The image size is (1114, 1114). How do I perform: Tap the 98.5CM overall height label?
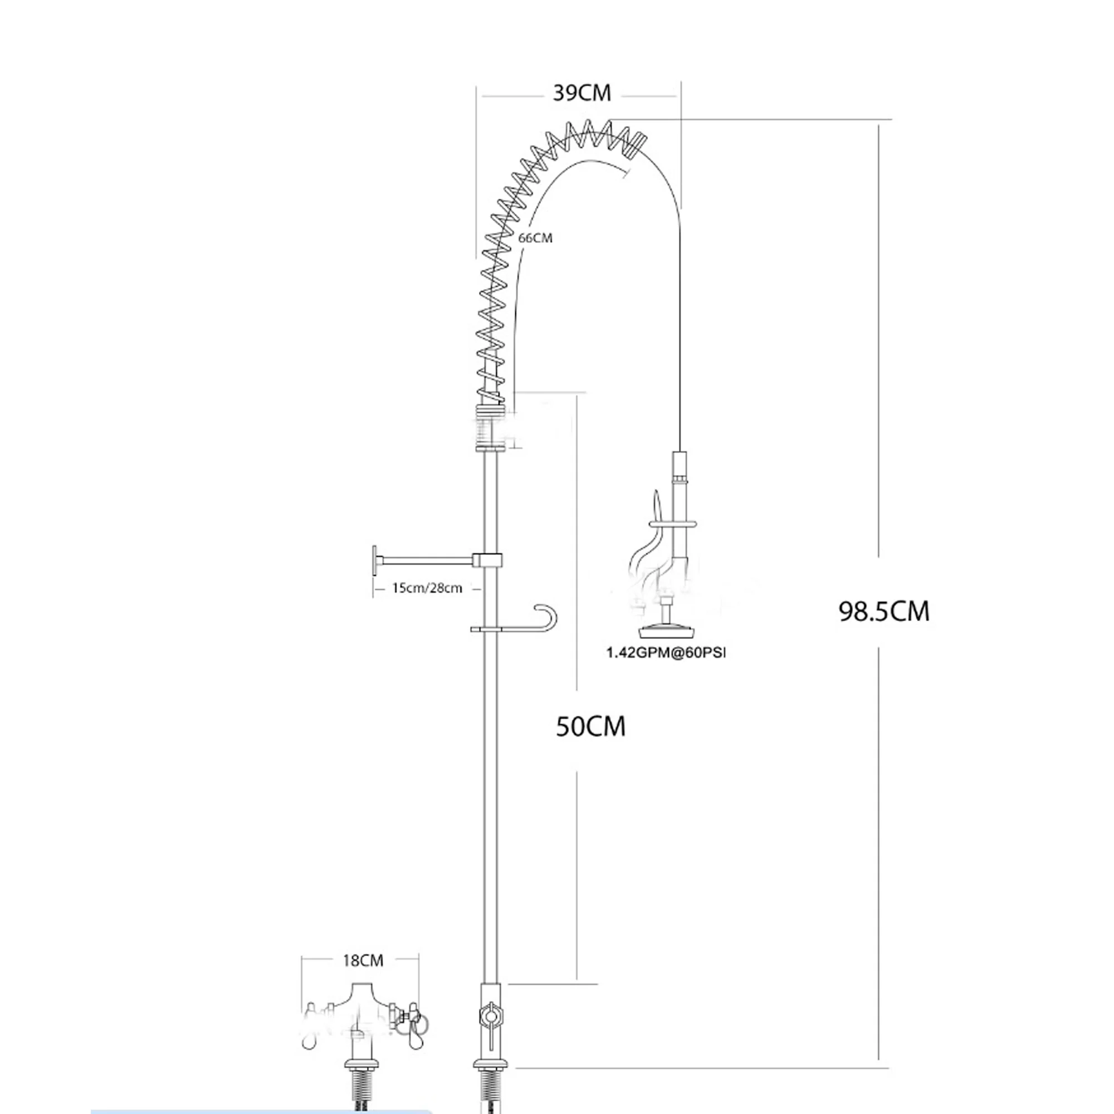pyautogui.click(x=884, y=611)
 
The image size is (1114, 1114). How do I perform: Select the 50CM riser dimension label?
pyautogui.click(x=590, y=726)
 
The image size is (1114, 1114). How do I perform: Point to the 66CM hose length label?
pyautogui.click(x=535, y=238)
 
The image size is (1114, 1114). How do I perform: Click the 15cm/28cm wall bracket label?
pyautogui.click(x=427, y=588)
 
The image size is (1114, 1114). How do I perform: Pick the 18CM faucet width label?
pyautogui.click(x=363, y=961)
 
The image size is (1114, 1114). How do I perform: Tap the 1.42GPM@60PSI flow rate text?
pyautogui.click(x=665, y=653)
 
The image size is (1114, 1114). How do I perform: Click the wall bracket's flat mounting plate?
pyautogui.click(x=375, y=560)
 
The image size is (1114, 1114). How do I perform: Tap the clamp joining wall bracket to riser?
pyautogui.click(x=487, y=559)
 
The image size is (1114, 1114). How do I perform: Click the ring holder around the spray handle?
pyautogui.click(x=673, y=524)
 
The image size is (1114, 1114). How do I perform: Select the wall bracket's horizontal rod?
pyautogui.click(x=426, y=559)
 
